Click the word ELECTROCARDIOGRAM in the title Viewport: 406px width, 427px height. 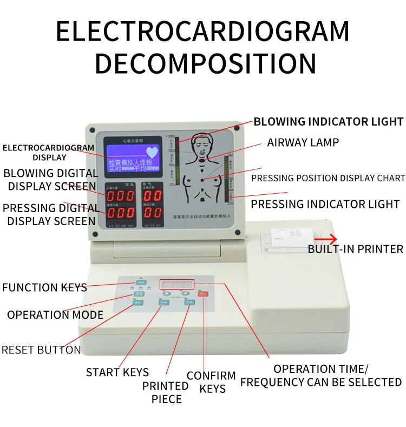pos(203,31)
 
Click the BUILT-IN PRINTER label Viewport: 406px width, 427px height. pos(355,249)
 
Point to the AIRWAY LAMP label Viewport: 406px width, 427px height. pos(303,142)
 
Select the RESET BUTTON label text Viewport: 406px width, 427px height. pos(41,350)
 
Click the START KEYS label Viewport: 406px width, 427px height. pos(117,372)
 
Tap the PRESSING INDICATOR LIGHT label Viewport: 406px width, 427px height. pos(325,204)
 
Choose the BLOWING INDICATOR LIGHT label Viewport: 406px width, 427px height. pos(328,121)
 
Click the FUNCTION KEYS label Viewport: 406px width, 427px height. pos(44,287)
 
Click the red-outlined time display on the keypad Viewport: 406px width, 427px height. pos(176,284)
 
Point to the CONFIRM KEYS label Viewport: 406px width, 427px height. pos(211,382)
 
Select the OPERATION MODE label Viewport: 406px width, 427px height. pos(55,314)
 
